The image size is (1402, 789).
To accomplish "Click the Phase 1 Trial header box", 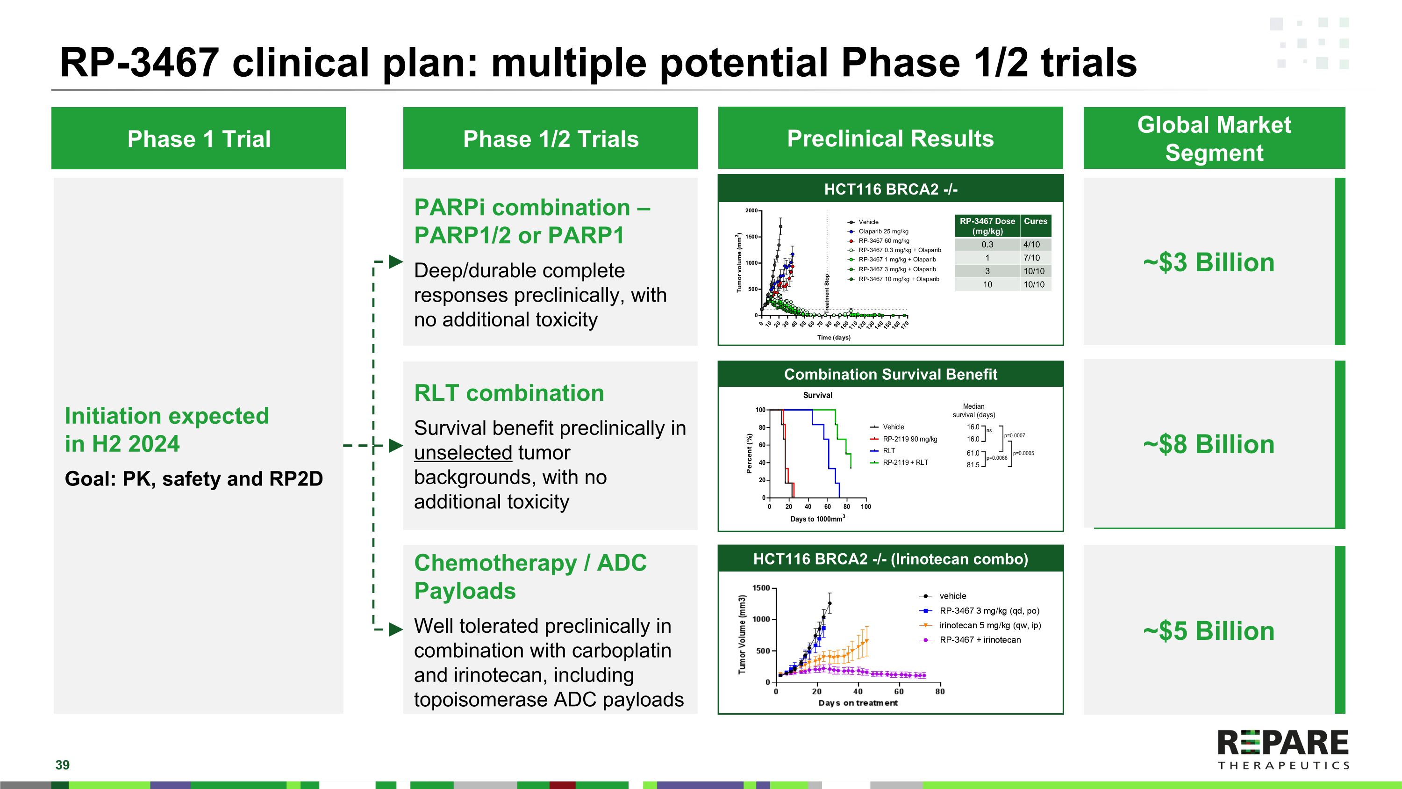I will click(199, 138).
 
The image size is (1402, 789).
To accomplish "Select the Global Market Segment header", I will click(1214, 138).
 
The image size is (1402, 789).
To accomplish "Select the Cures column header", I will click(1035, 221).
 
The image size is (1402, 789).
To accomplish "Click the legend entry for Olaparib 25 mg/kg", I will click(883, 232).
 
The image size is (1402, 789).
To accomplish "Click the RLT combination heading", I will click(509, 393).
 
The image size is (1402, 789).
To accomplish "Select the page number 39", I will click(63, 765).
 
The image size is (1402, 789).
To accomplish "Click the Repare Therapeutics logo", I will click(1283, 749).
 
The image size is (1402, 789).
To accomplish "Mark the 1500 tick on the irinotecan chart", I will click(761, 588).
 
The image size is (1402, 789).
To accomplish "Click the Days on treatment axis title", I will click(858, 703).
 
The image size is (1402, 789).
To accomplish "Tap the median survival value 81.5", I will click(973, 465).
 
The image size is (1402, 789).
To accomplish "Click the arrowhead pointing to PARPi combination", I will click(396, 261).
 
